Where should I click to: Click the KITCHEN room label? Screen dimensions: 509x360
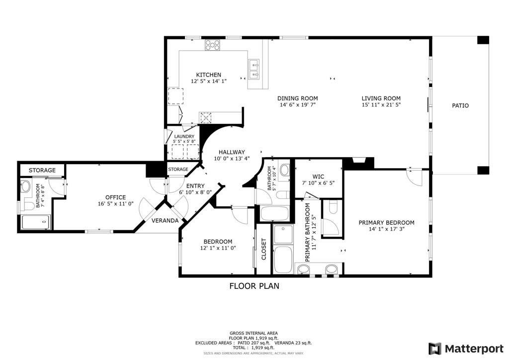[x=208, y=75]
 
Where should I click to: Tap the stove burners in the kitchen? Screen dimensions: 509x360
[x=212, y=45]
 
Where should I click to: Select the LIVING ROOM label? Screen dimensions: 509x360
[x=381, y=98]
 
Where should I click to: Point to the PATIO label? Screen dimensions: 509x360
[x=460, y=105]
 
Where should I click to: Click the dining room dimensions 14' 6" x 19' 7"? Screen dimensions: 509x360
[x=298, y=105]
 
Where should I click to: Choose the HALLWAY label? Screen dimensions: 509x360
[x=232, y=152]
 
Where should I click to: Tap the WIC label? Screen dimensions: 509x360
[x=318, y=177]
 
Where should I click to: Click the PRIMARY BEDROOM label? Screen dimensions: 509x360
[x=386, y=223]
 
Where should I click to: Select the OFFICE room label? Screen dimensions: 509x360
[x=115, y=197]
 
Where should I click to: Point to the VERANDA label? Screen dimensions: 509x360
[x=165, y=221]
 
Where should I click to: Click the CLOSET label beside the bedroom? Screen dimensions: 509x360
[x=263, y=249]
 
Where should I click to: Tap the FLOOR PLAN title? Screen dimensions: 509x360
[x=254, y=286]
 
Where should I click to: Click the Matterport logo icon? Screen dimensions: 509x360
[x=435, y=349]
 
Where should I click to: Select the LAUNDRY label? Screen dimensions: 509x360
[x=184, y=137]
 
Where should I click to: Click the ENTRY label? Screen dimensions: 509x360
[x=195, y=186]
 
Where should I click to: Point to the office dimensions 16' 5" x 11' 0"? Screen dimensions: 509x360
[x=115, y=204]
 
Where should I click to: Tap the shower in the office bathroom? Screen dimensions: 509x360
[x=36, y=222]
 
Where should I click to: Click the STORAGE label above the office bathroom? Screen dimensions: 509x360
[x=42, y=170]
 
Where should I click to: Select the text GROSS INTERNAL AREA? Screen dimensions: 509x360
[x=254, y=333]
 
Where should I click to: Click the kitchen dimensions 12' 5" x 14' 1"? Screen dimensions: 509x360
[x=208, y=81]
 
